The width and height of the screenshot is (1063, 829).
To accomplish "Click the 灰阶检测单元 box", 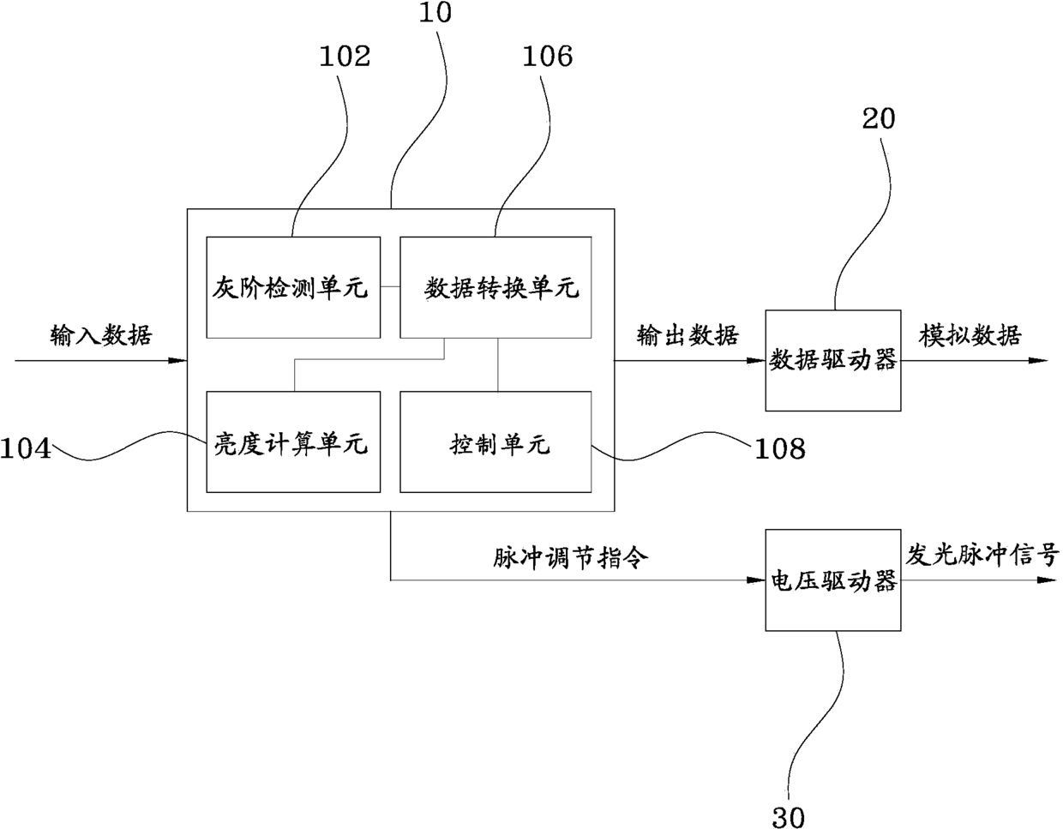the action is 293,287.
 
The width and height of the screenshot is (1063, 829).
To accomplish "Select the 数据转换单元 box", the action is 495,287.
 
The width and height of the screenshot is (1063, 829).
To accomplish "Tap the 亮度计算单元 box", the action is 293,442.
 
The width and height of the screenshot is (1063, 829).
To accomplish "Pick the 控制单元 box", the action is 495,442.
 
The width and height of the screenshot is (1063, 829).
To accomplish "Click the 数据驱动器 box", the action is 833,360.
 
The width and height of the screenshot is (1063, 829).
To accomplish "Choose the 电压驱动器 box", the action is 833,580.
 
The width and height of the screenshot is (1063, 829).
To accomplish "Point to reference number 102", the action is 345,57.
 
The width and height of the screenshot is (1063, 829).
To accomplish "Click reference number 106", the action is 548,57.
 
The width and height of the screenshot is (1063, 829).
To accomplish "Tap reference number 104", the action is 26,448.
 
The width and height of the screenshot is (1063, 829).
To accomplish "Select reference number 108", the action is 780,448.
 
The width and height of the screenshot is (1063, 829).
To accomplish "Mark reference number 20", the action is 879,119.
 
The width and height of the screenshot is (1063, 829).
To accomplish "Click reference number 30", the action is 789,817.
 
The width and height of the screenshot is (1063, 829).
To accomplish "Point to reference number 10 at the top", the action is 435,12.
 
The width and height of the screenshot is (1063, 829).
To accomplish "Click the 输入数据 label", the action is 101,335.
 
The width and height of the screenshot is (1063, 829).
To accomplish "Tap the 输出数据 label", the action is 688,335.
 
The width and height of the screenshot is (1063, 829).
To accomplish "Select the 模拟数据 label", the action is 970,335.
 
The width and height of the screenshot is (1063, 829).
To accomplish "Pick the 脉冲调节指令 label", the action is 570,557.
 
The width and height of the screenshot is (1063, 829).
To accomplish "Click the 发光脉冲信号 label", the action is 982,556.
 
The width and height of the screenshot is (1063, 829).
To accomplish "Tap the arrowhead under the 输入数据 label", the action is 177,361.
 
